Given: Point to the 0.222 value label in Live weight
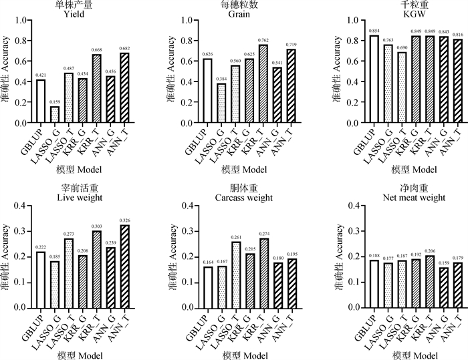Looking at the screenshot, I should [41, 247].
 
